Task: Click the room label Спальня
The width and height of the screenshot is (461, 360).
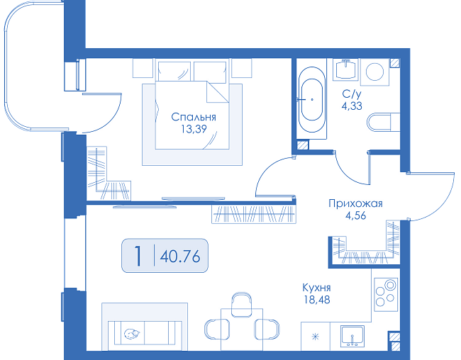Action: [194, 117]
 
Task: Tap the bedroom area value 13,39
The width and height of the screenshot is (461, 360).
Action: [194, 129]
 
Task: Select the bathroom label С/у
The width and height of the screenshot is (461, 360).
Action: [352, 94]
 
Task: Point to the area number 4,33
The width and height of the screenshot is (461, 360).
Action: [352, 106]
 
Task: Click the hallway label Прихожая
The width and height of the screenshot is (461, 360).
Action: [355, 203]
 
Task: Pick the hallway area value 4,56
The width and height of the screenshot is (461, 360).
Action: [356, 215]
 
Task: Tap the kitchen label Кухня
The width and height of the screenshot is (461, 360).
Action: [316, 288]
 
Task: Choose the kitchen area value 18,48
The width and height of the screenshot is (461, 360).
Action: [316, 300]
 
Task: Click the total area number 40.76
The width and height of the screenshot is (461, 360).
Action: [180, 257]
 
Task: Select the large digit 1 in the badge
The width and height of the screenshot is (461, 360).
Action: [138, 256]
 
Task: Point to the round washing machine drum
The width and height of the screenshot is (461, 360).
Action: [374, 72]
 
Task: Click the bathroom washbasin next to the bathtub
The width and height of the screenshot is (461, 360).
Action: [345, 69]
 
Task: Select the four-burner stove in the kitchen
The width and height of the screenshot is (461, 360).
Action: [386, 295]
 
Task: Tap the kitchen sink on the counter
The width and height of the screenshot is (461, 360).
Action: [352, 336]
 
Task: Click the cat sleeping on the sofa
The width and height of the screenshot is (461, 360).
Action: [132, 334]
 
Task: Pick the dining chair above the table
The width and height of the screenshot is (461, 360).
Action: [241, 305]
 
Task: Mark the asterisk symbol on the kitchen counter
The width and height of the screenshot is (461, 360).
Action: [315, 337]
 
